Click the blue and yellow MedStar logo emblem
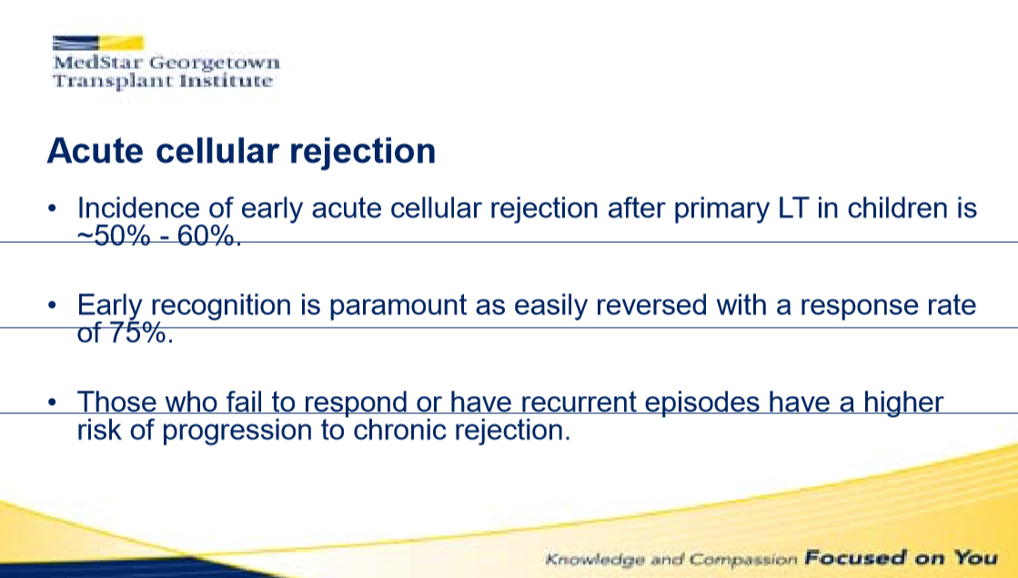[x=98, y=43]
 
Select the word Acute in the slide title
[x=95, y=151]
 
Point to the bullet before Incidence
[x=53, y=208]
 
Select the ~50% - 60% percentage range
[x=159, y=237]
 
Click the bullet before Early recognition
[x=53, y=305]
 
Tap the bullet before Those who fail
[x=53, y=402]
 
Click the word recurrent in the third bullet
[x=578, y=402]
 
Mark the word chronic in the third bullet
[x=398, y=431]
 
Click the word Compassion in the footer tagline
[x=742, y=559]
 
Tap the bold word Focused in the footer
[x=855, y=557]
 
